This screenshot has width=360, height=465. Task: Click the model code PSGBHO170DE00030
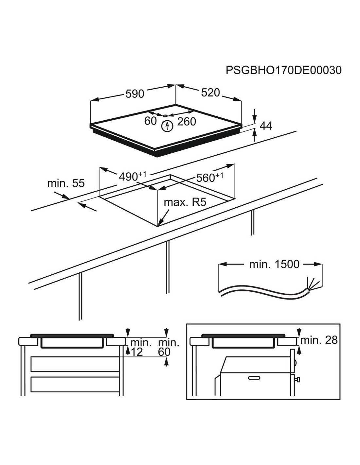tap(283, 70)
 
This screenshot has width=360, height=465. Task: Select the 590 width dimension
tap(135, 94)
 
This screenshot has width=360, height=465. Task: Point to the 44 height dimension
tap(265, 126)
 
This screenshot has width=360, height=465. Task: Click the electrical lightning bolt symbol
tap(167, 126)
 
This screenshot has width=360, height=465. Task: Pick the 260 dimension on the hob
tap(187, 122)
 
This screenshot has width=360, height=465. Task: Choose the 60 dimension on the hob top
tap(151, 121)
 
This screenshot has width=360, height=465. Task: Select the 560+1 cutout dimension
tap(209, 178)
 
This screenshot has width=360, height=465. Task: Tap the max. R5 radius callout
tap(185, 202)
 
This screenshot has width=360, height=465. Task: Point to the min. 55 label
tap(66, 183)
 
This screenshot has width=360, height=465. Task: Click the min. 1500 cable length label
tap(274, 264)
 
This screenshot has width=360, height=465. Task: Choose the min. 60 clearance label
tap(168, 347)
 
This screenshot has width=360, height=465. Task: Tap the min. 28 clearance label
tap(319, 340)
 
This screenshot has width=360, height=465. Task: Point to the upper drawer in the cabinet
tap(75, 364)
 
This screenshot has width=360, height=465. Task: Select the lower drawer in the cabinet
tap(75, 385)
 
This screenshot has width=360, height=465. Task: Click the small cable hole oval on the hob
tap(165, 115)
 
